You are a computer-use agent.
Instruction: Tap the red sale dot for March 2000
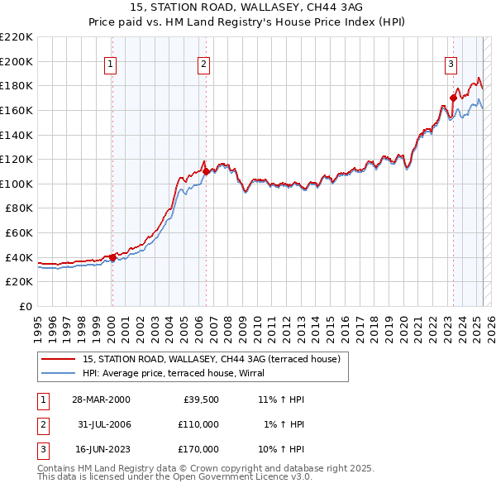(x=112, y=257)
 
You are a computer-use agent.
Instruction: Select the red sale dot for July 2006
(x=205, y=171)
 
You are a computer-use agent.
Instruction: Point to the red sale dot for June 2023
(x=453, y=98)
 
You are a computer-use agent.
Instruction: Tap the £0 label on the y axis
(x=26, y=307)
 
